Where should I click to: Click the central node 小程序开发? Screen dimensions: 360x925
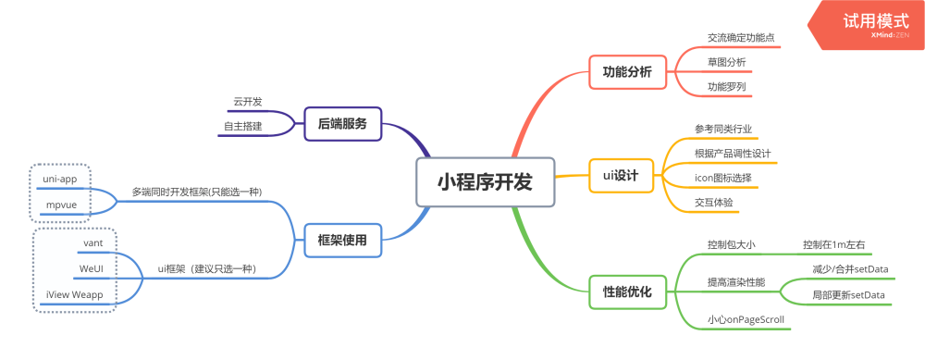pyautogui.click(x=486, y=182)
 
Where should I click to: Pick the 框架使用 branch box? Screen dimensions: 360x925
pyautogui.click(x=342, y=241)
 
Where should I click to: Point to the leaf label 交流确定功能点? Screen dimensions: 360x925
pyautogui.click(x=741, y=38)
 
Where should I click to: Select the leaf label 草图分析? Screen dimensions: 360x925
pyautogui.click(x=727, y=62)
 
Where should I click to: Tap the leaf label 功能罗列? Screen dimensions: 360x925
pyautogui.click(x=727, y=86)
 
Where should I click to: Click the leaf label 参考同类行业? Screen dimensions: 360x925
pyautogui.click(x=730, y=128)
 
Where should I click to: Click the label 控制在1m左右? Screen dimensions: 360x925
pyautogui.click(x=834, y=244)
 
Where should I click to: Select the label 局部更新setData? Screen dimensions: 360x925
pyautogui.click(x=848, y=294)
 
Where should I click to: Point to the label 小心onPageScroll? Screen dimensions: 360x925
pyautogui.click(x=746, y=319)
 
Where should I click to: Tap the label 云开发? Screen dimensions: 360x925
pyautogui.click(x=247, y=101)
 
